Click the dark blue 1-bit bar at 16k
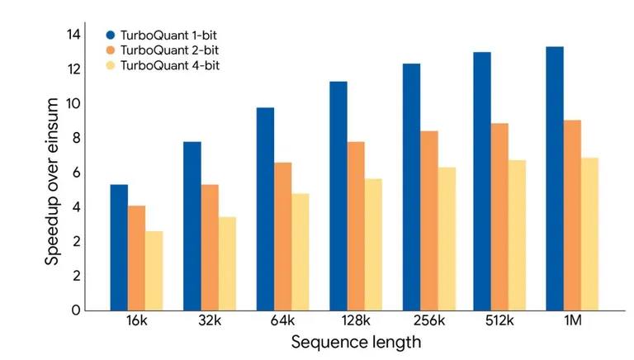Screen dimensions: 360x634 click(x=119, y=247)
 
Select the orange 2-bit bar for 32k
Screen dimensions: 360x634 click(x=210, y=247)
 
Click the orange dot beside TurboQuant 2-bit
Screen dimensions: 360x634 click(x=109, y=50)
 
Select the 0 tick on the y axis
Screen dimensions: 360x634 click(x=75, y=310)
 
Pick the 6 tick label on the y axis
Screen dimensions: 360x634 click(x=75, y=173)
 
